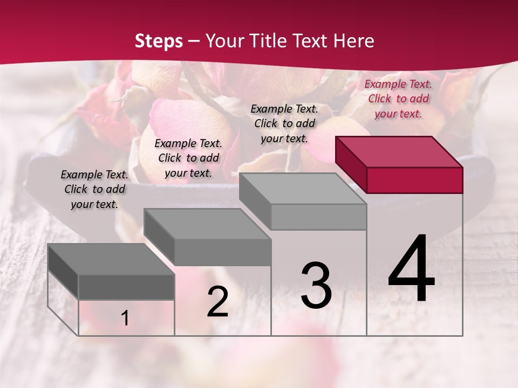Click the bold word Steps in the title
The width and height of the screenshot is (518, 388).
point(159,41)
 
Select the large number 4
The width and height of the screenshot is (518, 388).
point(411,269)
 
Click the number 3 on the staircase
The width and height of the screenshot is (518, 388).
point(316,286)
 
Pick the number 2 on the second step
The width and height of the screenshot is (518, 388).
point(217,302)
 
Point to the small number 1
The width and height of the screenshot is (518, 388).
point(125,318)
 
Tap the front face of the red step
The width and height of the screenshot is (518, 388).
point(414,180)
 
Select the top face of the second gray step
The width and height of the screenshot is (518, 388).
point(208,224)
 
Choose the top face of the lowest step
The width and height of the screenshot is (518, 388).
point(111,259)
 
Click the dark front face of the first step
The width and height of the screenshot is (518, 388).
point(126,287)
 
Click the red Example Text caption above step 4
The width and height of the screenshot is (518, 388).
point(398,99)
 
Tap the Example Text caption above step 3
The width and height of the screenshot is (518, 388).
point(284,123)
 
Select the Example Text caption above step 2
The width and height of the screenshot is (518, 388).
point(188,158)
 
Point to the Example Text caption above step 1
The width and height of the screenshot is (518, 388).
point(94,189)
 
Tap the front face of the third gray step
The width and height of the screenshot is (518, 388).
point(318,217)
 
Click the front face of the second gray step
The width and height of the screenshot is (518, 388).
point(222,252)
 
